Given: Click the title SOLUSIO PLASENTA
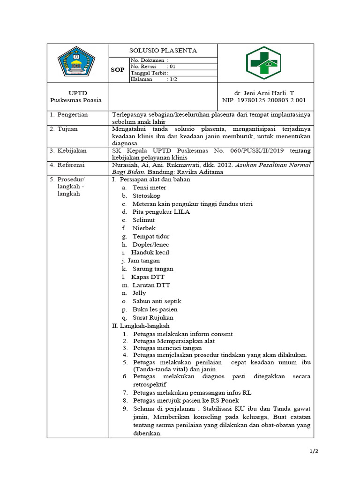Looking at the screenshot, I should [x=163, y=51].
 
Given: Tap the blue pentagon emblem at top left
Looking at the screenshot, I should [x=76, y=63].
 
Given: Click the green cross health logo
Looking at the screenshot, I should [x=264, y=63].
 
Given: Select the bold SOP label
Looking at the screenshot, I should [x=118, y=70].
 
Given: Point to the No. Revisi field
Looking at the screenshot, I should [x=153, y=67].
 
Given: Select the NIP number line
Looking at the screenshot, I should [x=264, y=100].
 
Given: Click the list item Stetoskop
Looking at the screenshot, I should [x=146, y=195].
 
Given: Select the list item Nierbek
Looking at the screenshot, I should [x=143, y=228].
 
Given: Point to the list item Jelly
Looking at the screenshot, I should [x=139, y=293].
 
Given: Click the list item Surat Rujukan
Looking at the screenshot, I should [x=153, y=317].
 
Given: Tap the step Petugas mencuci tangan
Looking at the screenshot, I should [x=167, y=348].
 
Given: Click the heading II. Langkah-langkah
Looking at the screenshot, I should [x=140, y=325].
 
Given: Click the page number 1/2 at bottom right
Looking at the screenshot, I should [x=314, y=451].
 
